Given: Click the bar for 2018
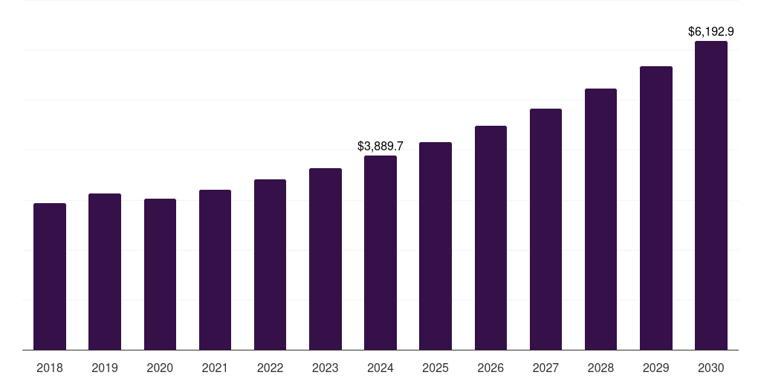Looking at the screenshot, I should point(50,276).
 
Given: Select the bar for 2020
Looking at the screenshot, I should point(160,274).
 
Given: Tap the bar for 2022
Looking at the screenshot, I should point(270,264).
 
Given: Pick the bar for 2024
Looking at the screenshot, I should point(380,252).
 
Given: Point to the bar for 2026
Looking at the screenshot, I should point(490,237).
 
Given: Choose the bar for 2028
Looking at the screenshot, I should point(600,219).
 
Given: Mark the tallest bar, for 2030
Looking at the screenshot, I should point(711,195).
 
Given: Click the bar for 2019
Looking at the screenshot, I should point(105,272).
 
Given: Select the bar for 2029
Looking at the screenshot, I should point(656,208).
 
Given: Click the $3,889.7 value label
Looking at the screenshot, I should point(380,147).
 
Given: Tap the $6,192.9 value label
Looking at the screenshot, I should point(711,32).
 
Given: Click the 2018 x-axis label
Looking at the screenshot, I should point(50,368).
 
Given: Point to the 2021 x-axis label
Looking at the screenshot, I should point(215,368).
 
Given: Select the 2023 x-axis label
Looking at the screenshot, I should point(326,368).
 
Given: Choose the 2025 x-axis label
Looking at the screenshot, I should point(435,368).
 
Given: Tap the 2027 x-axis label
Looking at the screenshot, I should point(545,368).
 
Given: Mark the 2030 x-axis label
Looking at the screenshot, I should point(711,368).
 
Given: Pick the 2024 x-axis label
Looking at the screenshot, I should point(380,368).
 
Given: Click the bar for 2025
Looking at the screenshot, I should point(435,246).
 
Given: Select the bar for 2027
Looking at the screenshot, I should point(545,229).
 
